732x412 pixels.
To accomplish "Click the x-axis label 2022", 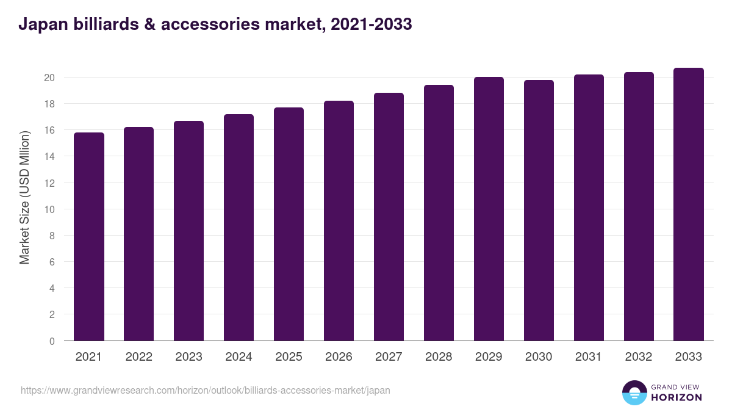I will click(138, 357).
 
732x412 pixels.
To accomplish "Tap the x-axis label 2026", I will click(339, 357).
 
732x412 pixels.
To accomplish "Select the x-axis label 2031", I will click(589, 357).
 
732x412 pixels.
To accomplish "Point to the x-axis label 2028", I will click(439, 357).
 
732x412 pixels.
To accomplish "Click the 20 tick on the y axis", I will click(49, 78).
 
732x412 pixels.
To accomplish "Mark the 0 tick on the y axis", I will click(52, 341).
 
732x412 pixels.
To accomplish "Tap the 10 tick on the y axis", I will click(49, 209).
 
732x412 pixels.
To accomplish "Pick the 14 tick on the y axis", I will click(49, 157).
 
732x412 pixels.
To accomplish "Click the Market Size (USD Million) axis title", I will click(24, 197).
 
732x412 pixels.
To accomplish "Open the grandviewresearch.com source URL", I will click(206, 390).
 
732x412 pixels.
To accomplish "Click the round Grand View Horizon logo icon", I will click(634, 393).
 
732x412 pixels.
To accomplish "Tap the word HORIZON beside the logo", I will click(677, 397).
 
